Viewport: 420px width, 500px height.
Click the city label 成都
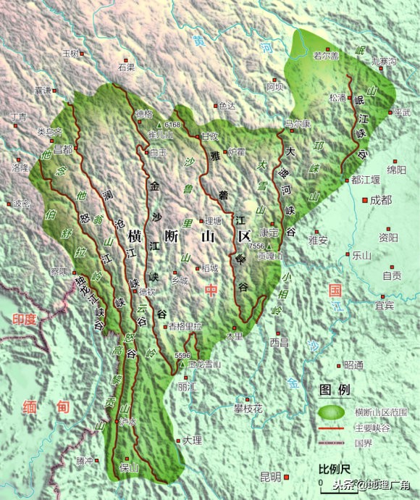point(380,200)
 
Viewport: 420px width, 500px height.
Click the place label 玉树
point(70,54)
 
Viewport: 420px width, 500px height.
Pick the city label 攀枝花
point(248,409)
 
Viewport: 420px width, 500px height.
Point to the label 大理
point(192,440)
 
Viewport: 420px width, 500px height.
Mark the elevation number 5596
point(182,355)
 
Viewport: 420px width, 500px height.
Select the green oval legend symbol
point(330,412)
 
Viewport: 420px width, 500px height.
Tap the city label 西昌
point(279,341)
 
